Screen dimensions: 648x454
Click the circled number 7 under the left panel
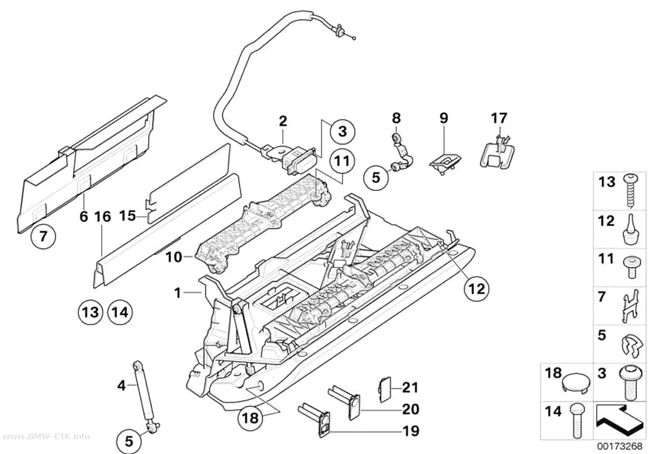click(x=43, y=237)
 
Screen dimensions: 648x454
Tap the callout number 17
click(x=499, y=118)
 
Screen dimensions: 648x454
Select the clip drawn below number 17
click(x=498, y=153)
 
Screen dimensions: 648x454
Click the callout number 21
click(x=410, y=388)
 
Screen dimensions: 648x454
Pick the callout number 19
click(x=411, y=431)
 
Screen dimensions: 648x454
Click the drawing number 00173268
click(x=620, y=447)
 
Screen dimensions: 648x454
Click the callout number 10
click(x=174, y=257)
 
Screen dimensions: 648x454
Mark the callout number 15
click(x=128, y=216)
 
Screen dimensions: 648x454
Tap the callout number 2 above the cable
click(x=283, y=122)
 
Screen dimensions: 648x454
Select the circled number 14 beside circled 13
click(x=120, y=311)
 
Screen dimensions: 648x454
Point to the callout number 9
click(x=444, y=119)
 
